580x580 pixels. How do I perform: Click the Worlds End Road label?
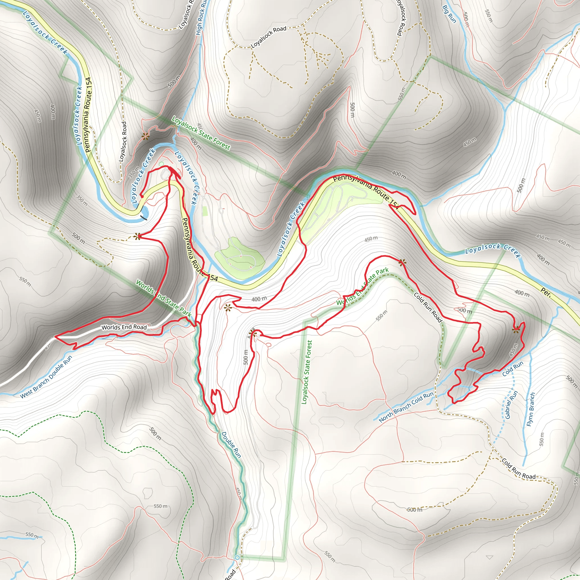tap(124, 327)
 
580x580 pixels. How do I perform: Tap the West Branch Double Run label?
tap(46, 377)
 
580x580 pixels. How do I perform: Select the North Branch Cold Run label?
tap(406, 407)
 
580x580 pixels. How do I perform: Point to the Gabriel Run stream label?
tap(511, 404)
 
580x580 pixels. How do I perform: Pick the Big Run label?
tap(449, 14)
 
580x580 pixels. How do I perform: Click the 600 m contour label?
tap(415, 509)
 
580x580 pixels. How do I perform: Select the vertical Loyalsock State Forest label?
tap(307, 372)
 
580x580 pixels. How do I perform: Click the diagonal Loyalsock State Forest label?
tap(201, 133)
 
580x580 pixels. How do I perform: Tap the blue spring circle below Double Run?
tap(237, 557)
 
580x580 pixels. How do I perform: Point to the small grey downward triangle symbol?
tap(489, 557)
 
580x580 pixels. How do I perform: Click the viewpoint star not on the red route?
tap(146, 137)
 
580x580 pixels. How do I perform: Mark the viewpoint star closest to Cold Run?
tap(516, 330)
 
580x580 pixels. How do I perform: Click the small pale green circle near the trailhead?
tap(161, 164)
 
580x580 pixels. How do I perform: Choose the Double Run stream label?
tap(231, 445)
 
